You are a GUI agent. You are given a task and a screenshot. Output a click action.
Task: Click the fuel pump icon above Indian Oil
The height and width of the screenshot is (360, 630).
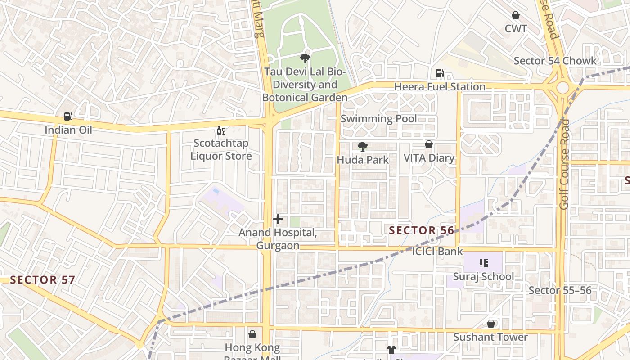point(68,117)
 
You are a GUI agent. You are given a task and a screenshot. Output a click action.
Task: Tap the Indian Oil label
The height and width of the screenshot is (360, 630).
point(68,130)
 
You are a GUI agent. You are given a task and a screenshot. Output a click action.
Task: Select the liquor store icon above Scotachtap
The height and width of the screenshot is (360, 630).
point(220,130)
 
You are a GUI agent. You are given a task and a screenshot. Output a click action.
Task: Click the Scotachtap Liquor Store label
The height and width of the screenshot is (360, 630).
point(220,150)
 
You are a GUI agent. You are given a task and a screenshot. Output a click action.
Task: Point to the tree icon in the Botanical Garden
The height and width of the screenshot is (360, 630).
point(305,58)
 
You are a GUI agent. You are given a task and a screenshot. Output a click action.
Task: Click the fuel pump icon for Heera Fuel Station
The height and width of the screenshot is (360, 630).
point(440,73)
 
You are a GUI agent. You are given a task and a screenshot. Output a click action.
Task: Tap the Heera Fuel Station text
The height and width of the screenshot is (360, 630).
point(440,86)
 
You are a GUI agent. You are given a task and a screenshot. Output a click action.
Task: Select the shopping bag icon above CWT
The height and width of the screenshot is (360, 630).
point(516,16)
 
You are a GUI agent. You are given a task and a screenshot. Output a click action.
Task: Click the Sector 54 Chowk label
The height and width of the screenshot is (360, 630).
point(555,61)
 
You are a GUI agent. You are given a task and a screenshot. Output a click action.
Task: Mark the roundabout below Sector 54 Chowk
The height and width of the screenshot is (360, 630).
point(562,88)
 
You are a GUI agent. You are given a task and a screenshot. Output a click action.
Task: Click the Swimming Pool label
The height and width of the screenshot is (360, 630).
point(378,119)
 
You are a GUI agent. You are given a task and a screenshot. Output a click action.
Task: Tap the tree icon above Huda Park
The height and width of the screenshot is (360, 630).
point(362,146)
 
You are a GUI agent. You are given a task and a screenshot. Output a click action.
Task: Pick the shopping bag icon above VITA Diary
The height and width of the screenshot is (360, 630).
point(429,145)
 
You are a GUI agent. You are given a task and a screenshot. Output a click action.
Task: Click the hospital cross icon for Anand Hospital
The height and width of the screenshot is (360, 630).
point(278,219)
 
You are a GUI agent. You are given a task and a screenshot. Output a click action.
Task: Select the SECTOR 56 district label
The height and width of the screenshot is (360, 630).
point(422,230)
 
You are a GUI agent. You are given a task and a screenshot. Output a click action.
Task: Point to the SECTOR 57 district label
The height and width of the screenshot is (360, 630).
point(42,279)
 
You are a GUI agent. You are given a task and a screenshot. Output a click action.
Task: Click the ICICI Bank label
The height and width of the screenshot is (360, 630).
point(437,252)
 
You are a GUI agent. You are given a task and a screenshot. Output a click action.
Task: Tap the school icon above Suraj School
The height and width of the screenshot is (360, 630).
point(484,263)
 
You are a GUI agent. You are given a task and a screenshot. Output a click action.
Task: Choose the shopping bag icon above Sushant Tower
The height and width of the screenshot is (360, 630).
point(491,324)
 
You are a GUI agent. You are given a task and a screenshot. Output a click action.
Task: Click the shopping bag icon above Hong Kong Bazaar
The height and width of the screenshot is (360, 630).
point(252,334)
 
